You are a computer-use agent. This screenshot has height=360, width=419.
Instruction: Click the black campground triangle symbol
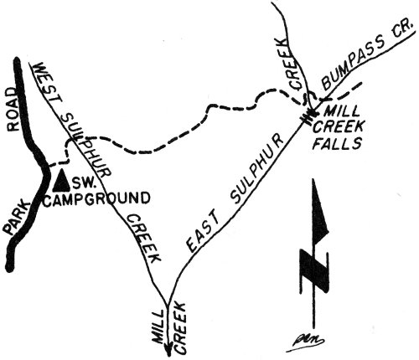tap(61, 179)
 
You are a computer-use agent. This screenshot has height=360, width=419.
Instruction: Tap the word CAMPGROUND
tap(97, 198)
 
